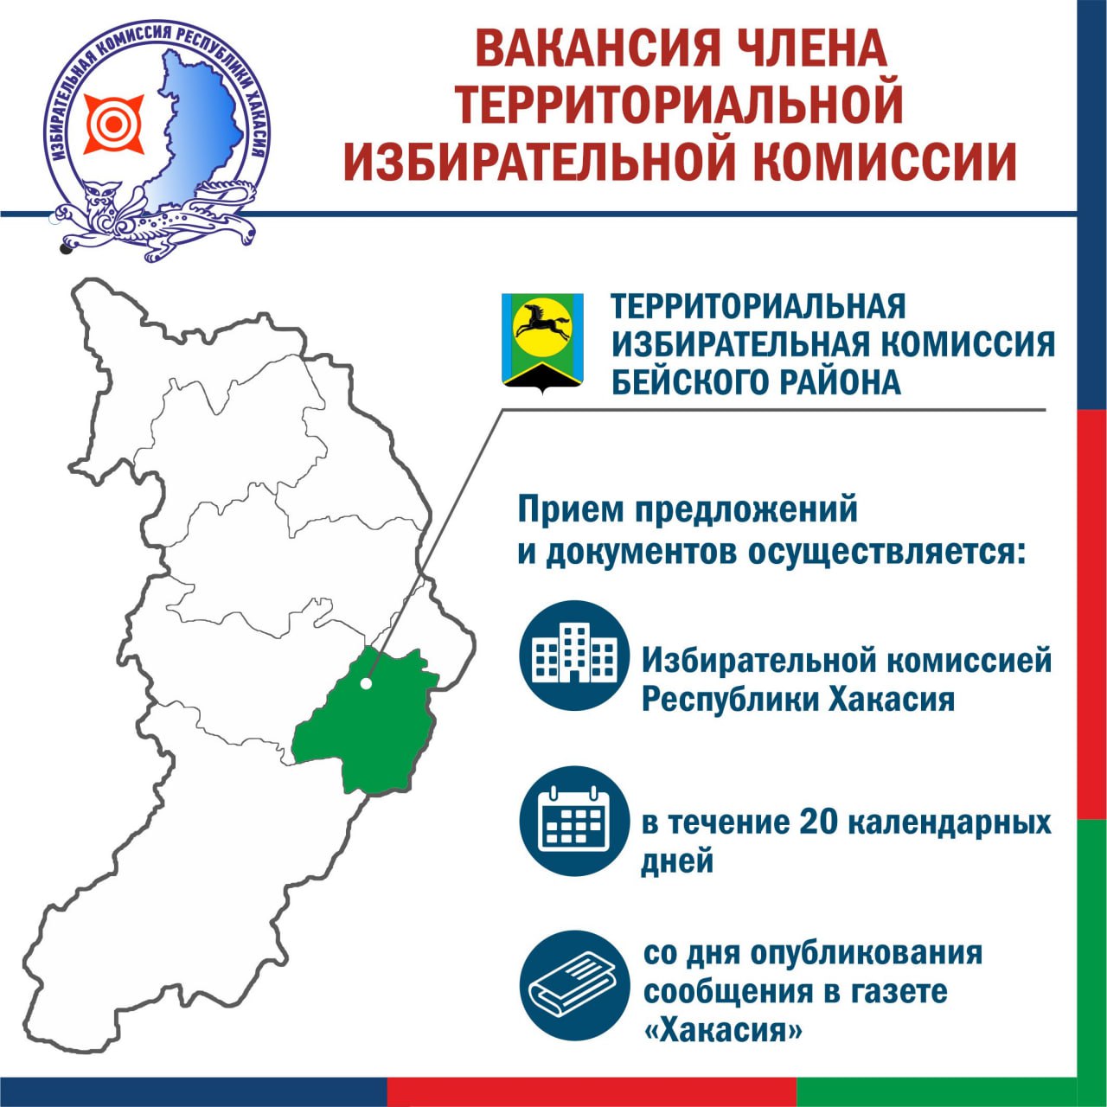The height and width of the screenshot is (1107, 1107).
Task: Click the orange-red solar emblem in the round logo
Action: point(114,124)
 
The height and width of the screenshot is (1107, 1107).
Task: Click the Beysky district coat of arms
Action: point(542,345)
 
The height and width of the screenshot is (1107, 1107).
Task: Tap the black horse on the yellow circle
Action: point(541,323)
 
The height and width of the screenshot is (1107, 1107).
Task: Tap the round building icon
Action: point(575,656)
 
